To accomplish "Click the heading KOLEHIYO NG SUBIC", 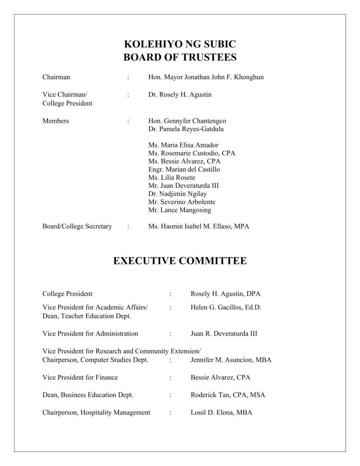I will (x=180, y=45).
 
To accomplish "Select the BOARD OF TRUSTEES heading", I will (x=180, y=57).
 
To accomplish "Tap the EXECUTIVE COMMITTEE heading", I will (x=180, y=261).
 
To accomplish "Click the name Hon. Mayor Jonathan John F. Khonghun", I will (x=206, y=77).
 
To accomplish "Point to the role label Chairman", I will (x=56, y=77).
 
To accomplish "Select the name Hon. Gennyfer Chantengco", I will (x=187, y=121).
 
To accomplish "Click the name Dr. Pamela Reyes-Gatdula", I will (x=186, y=129).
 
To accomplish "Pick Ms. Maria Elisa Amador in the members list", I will (x=183, y=145).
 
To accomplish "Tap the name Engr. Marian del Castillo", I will (x=184, y=169).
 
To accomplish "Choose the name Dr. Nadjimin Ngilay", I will (x=180, y=194).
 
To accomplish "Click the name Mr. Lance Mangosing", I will (x=179, y=210).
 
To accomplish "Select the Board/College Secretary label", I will (x=77, y=227).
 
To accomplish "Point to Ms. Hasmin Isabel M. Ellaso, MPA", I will (x=198, y=227).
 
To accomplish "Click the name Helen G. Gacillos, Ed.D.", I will (x=226, y=308).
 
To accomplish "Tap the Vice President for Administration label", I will (x=90, y=334).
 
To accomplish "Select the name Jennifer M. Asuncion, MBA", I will (x=231, y=360).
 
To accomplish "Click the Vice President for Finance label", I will (x=80, y=377).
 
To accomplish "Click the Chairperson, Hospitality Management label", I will (x=96, y=413).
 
